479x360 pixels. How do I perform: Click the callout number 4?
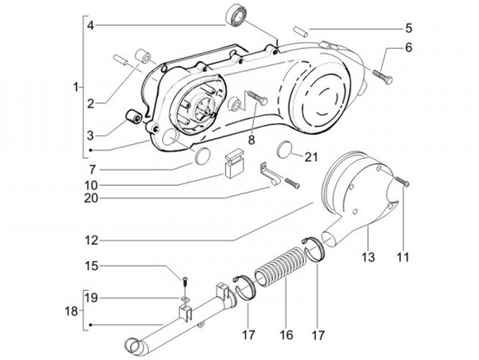pyautogui.click(x=90, y=25)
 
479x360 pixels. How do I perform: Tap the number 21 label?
pyautogui.click(x=311, y=157)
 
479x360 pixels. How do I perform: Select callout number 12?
pyautogui.click(x=92, y=240)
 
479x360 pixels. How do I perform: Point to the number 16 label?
pyautogui.click(x=286, y=335)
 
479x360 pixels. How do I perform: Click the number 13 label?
pyautogui.click(x=369, y=257)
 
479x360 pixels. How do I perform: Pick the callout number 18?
pyautogui.click(x=71, y=311)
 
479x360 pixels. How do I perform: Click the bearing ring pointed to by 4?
pyautogui.click(x=236, y=16)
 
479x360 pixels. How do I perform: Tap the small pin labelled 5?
pyautogui.click(x=300, y=32)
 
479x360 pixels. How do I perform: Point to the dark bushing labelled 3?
pyautogui.click(x=134, y=116)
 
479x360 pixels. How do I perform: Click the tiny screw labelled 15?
pyautogui.click(x=185, y=281)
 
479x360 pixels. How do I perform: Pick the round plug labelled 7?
pyautogui.click(x=202, y=157)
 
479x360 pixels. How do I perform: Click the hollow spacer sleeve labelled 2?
pyautogui.click(x=143, y=56)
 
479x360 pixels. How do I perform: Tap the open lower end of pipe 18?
pyautogui.click(x=133, y=346)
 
